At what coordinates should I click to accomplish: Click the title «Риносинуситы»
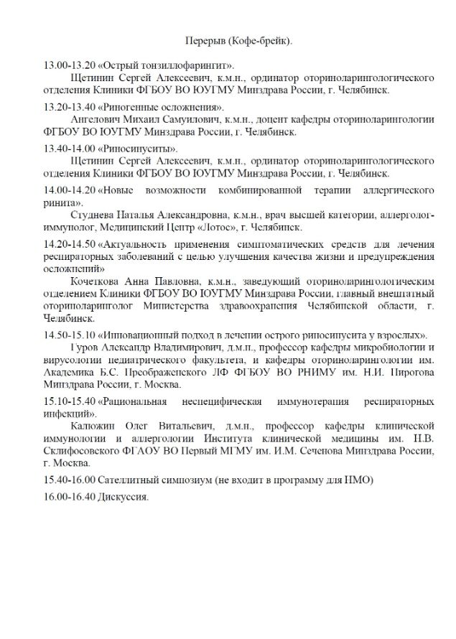pos(123,148)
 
